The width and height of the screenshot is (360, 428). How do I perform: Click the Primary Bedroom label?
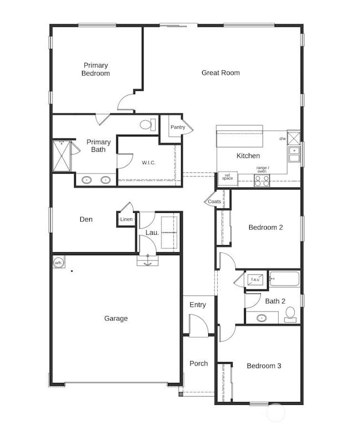(96, 69)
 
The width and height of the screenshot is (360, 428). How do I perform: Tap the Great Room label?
(220, 73)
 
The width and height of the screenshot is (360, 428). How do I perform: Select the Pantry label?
(178, 128)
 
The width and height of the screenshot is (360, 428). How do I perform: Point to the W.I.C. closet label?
(148, 162)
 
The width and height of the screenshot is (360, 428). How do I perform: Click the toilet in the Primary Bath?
(147, 125)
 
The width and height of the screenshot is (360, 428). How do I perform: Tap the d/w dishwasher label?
(282, 139)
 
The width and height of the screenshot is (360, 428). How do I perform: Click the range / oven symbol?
(261, 180)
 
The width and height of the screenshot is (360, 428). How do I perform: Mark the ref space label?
(228, 177)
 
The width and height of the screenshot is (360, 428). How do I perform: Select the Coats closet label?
(214, 202)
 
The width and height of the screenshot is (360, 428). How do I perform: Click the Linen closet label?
(126, 220)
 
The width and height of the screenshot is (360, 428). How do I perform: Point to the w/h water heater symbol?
(59, 262)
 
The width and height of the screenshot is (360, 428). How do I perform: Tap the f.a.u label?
(255, 279)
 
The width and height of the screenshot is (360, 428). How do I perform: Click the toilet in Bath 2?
(290, 315)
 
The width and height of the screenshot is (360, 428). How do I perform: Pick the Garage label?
(116, 318)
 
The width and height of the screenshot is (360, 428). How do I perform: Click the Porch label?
(198, 364)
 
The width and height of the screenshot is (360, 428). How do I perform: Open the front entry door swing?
(197, 325)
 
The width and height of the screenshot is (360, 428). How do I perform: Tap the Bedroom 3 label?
(264, 366)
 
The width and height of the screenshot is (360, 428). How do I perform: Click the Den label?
(86, 220)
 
